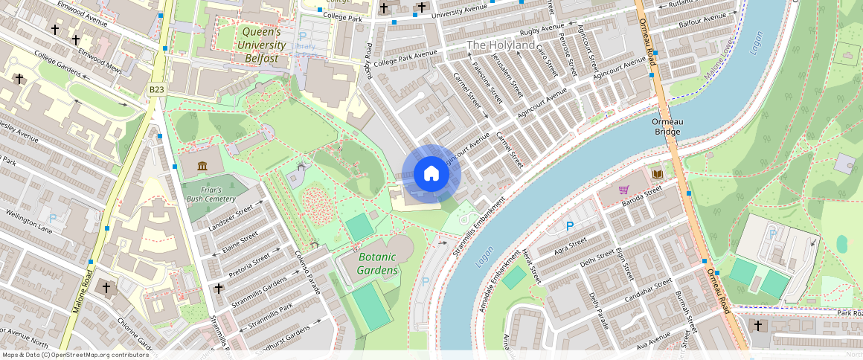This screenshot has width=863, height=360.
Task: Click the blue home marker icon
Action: (x=431, y=174)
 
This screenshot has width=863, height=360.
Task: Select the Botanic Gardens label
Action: (x=378, y=263)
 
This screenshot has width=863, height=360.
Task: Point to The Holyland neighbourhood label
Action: (x=500, y=45)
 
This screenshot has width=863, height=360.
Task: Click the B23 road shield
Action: (x=156, y=90)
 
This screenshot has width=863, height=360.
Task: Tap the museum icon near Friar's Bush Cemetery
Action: (x=202, y=165)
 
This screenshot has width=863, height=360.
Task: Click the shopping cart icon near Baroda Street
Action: (x=625, y=190)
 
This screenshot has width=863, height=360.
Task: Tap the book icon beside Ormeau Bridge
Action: (x=657, y=174)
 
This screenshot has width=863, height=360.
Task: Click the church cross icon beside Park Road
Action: (x=758, y=326)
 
